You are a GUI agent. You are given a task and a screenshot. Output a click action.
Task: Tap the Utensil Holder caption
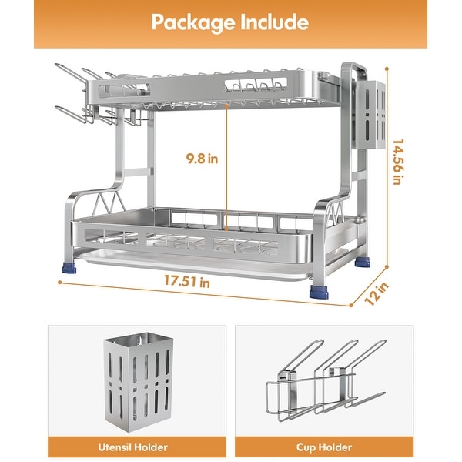point(137,447)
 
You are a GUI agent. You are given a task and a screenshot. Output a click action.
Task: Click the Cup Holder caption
point(323,447)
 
